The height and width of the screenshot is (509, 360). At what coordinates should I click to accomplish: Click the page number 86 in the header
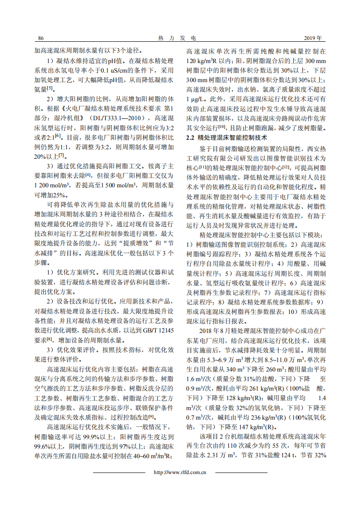coord(40,38)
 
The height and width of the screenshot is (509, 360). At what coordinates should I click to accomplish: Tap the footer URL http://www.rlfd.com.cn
coord(180,472)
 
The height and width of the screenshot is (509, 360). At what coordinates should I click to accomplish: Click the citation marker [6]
coord(58,135)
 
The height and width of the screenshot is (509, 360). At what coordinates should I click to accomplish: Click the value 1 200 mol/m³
coord(51,186)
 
